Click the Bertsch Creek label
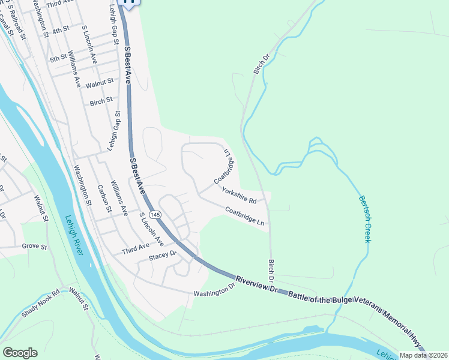click(364, 219)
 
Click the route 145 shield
click(155, 214)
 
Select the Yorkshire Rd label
click(239, 196)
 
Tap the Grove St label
click(34, 246)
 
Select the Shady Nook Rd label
click(41, 304)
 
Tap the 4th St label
click(61, 29)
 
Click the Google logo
click(20, 352)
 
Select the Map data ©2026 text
click(423, 355)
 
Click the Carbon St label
click(104, 199)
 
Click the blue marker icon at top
click(130, 2)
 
